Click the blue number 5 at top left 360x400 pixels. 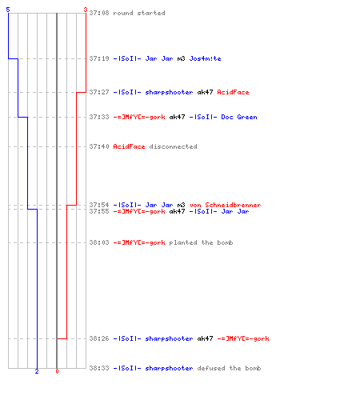pyautogui.click(x=8, y=10)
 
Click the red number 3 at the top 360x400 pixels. pyautogui.click(x=85, y=10)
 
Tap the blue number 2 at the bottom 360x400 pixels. pyautogui.click(x=37, y=371)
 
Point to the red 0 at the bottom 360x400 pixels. pyautogui.click(x=57, y=371)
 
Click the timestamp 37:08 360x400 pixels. pyautogui.click(x=99, y=13)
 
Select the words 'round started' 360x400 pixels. pyautogui.click(x=139, y=13)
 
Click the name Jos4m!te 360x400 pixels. pyautogui.click(x=205, y=58)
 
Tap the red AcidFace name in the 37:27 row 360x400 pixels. pyautogui.click(x=233, y=92)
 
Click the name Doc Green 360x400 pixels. pyautogui.click(x=239, y=117)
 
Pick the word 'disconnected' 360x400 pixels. pyautogui.click(x=173, y=146)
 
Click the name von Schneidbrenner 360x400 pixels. pyautogui.click(x=226, y=205)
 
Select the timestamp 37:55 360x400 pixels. pyautogui.click(x=99, y=211)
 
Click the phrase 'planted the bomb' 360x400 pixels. pyautogui.click(x=201, y=242)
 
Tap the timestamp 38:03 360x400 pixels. pyautogui.click(x=99, y=242)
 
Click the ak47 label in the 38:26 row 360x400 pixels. pyautogui.click(x=205, y=338)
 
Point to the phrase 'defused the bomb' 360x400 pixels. pyautogui.click(x=229, y=368)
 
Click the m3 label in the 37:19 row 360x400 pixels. pyautogui.click(x=181, y=58)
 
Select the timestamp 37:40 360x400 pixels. pyautogui.click(x=99, y=146)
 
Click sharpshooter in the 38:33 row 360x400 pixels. pyautogui.click(x=169, y=368)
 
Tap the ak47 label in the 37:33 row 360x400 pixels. pyautogui.click(x=177, y=117)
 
